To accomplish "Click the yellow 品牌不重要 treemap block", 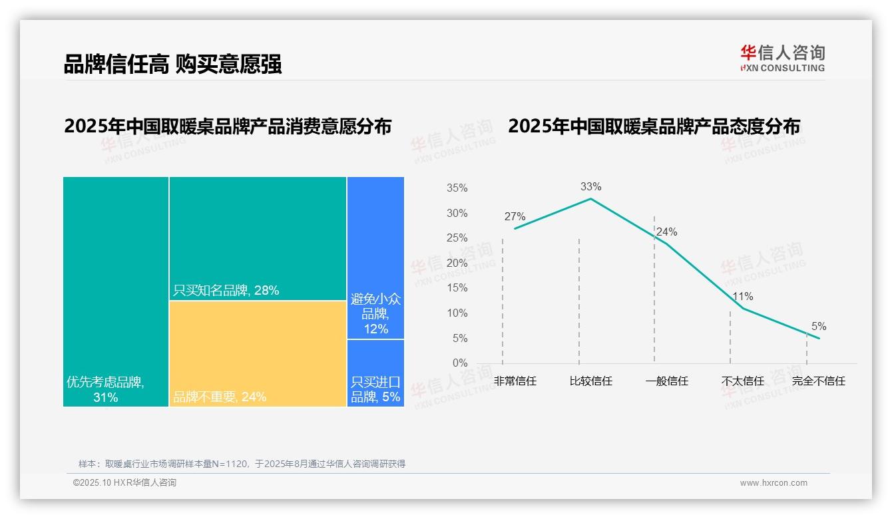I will [258, 353].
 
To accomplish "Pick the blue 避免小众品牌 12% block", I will [375, 258].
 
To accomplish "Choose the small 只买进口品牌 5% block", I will [375, 373].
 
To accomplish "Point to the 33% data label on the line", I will [590, 187].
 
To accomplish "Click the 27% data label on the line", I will [515, 217].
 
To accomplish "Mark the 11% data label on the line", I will [742, 297].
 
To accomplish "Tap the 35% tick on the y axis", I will [457, 188].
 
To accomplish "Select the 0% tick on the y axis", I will [460, 363].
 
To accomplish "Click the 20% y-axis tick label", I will [457, 263].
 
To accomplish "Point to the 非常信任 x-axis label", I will [515, 381].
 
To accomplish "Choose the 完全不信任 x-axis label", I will [818, 381].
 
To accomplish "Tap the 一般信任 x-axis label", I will [667, 381].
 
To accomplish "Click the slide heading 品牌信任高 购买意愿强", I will [173, 64].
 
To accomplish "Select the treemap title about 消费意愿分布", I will [228, 126].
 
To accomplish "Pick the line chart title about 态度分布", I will [654, 126].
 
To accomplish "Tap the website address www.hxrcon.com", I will [774, 483].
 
